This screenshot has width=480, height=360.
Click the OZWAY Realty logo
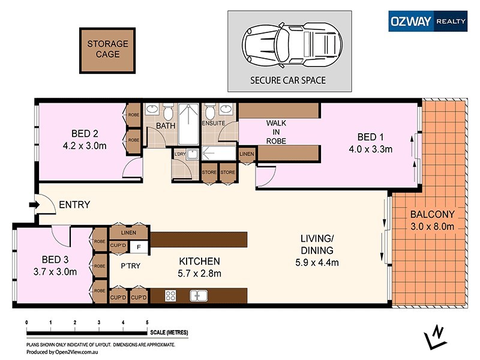(x=427, y=20)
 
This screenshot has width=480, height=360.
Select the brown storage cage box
(x=108, y=49)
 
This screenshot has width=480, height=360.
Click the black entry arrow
(x=35, y=205)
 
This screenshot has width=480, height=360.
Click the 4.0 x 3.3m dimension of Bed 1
(x=372, y=149)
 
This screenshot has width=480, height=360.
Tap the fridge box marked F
(x=139, y=245)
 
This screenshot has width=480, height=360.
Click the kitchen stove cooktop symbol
(x=170, y=295)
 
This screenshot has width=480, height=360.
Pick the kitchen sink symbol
(x=197, y=295)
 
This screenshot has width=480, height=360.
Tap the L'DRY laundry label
(x=179, y=154)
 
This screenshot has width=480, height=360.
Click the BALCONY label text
(x=432, y=214)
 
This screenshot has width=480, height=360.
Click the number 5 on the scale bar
(x=147, y=322)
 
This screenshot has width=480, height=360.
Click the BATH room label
(x=165, y=126)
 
